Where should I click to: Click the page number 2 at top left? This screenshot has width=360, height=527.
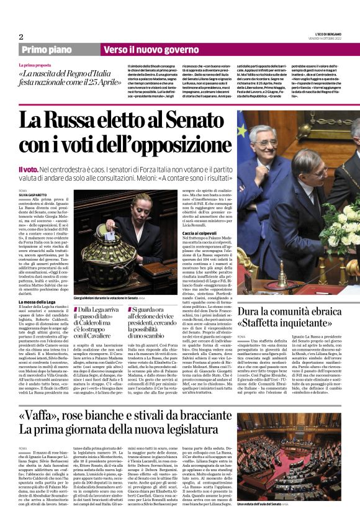click(x=21, y=37)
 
